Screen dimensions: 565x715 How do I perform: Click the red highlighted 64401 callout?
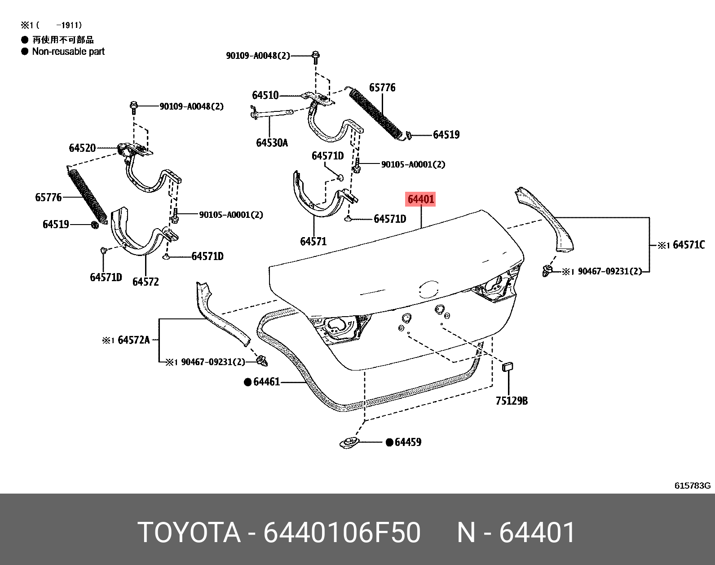[x=421, y=199]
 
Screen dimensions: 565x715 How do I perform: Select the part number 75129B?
[x=512, y=401]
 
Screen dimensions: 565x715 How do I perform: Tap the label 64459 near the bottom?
[x=408, y=442]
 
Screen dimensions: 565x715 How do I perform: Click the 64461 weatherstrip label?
[x=266, y=382]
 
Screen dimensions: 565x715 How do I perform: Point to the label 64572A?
[x=133, y=340]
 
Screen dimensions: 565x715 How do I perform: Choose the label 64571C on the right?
[x=689, y=245]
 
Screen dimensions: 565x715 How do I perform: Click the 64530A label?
[x=272, y=143]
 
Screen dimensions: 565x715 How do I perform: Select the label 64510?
[x=265, y=95]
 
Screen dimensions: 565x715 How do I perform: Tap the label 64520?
[x=82, y=148]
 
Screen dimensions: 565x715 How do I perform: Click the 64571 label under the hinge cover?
[x=313, y=242]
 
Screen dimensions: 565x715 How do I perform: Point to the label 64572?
[x=146, y=282]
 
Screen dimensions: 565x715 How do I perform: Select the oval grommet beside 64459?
[x=349, y=441]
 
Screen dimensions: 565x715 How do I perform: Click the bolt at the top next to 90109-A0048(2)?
[x=316, y=56]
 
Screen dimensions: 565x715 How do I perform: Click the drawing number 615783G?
[x=692, y=486]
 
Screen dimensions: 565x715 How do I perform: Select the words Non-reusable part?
[x=68, y=52]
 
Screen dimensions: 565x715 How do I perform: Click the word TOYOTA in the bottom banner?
[x=189, y=533]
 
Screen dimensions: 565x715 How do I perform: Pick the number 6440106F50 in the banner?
[x=342, y=533]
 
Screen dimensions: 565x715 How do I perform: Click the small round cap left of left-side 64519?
[x=95, y=225]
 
